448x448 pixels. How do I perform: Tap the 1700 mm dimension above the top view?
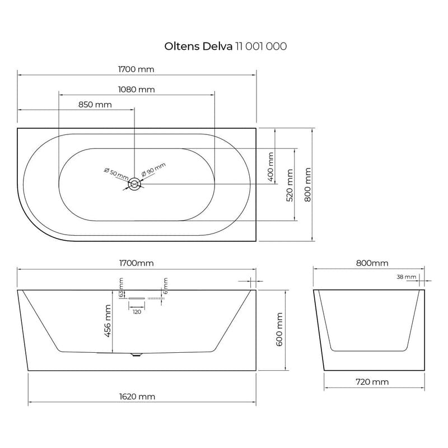(x=136, y=69)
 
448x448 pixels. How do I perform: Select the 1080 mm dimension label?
(x=137, y=90)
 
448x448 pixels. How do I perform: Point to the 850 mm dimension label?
(x=95, y=105)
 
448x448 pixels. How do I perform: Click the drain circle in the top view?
(x=135, y=184)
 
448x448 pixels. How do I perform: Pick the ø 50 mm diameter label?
(x=116, y=174)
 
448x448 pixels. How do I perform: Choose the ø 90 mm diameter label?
(x=154, y=170)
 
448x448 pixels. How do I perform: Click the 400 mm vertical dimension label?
(x=270, y=167)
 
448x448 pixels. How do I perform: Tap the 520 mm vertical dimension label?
(x=290, y=186)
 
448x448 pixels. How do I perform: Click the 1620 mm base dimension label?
(x=138, y=396)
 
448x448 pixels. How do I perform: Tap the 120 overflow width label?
(x=137, y=312)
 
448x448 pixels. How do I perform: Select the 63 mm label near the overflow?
(x=120, y=287)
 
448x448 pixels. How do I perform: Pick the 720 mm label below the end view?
(x=372, y=382)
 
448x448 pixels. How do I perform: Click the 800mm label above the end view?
(x=372, y=263)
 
